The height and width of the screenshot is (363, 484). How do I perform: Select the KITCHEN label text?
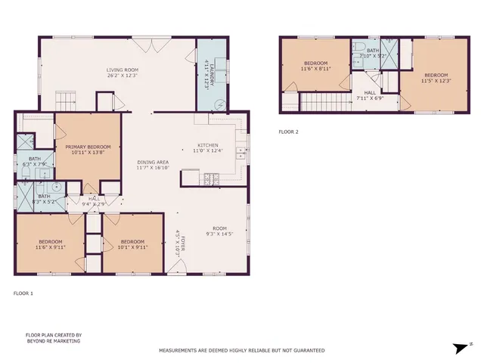[208, 145]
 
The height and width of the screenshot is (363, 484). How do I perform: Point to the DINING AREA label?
[152, 163]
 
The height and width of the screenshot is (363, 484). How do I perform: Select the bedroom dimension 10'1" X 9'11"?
[132, 247]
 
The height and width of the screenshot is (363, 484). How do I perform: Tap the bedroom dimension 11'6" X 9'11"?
[51, 247]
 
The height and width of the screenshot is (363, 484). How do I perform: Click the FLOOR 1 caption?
[23, 293]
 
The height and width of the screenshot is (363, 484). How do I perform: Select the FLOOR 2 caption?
[289, 132]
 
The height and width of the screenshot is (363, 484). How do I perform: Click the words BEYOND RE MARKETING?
[53, 341]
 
